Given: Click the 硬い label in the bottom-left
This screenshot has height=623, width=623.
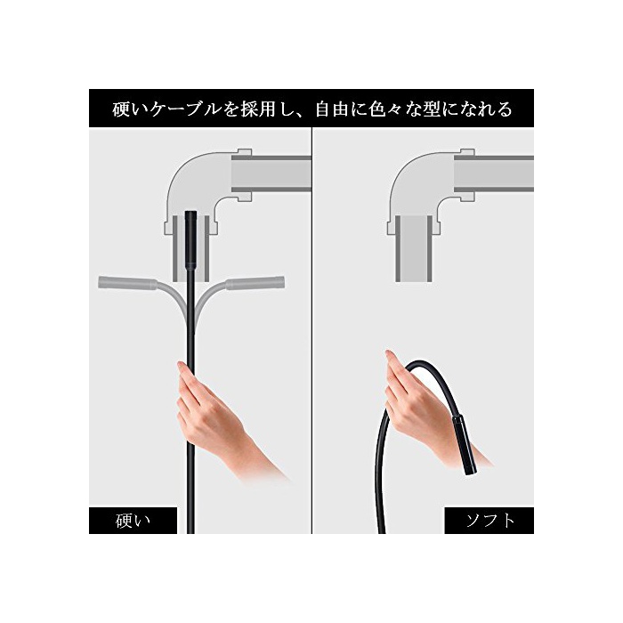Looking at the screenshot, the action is (x=133, y=521).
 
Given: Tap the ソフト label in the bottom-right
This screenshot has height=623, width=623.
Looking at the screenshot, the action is (x=489, y=521).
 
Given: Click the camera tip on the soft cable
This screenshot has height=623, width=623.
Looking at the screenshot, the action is (x=464, y=445).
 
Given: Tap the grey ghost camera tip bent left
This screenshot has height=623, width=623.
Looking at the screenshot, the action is (x=126, y=283).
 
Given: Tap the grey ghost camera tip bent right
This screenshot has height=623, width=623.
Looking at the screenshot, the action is (x=255, y=282).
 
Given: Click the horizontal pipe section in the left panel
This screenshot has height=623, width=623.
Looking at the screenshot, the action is (x=271, y=174).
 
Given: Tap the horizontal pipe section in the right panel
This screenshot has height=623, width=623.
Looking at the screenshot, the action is (x=494, y=174).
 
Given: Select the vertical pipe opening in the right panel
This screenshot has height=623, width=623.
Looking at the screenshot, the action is (x=414, y=248).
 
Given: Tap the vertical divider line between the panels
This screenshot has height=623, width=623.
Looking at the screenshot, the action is (x=311, y=330).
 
